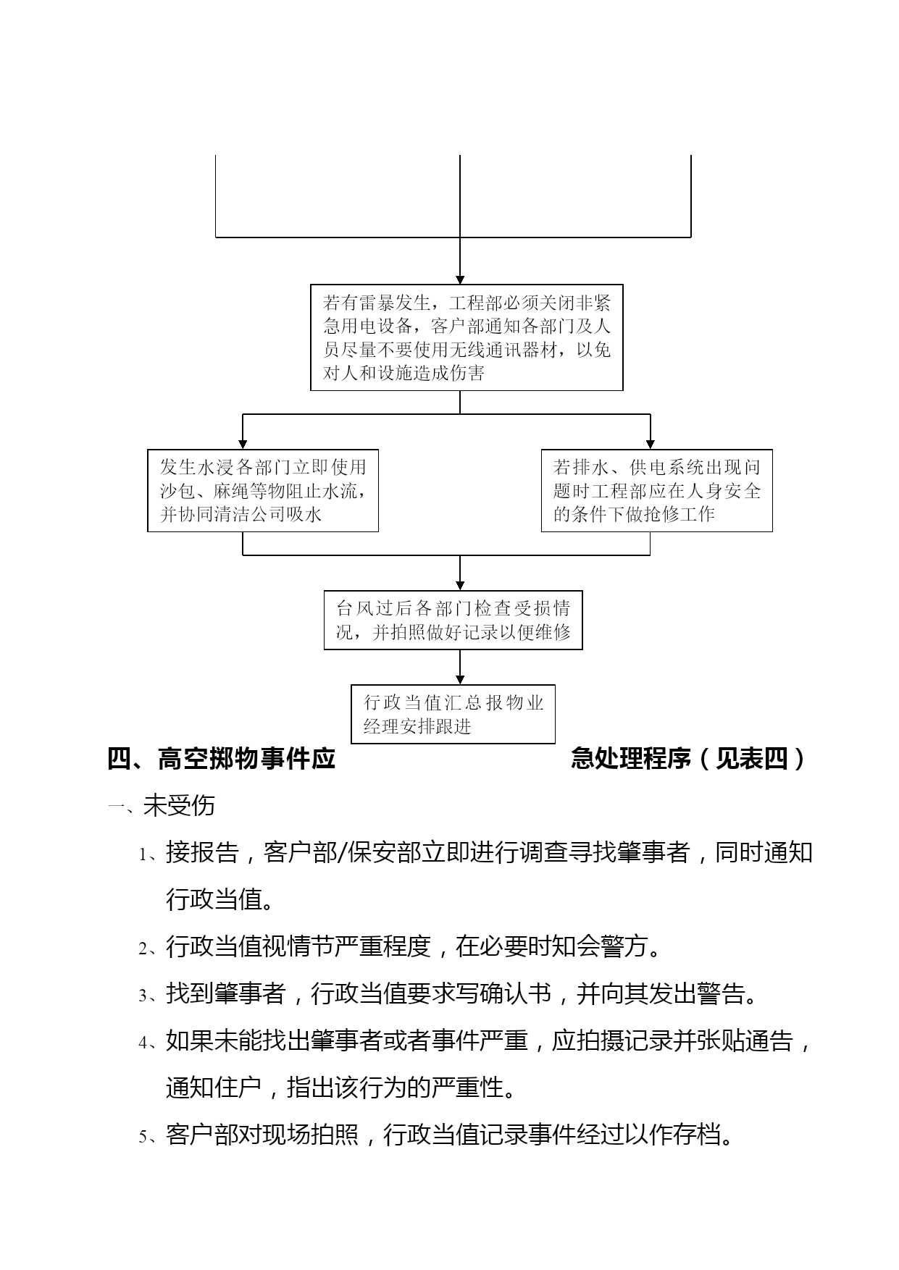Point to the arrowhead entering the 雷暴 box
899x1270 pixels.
[460, 279]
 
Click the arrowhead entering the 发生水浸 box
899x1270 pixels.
[243, 444]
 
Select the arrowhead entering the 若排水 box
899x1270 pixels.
[650, 444]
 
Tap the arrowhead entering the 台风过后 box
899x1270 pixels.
[460, 586]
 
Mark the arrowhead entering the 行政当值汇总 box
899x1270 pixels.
[460, 679]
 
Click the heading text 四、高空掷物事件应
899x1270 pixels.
[222, 759]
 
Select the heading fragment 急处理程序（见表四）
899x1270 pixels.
[689, 759]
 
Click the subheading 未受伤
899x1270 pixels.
[179, 806]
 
